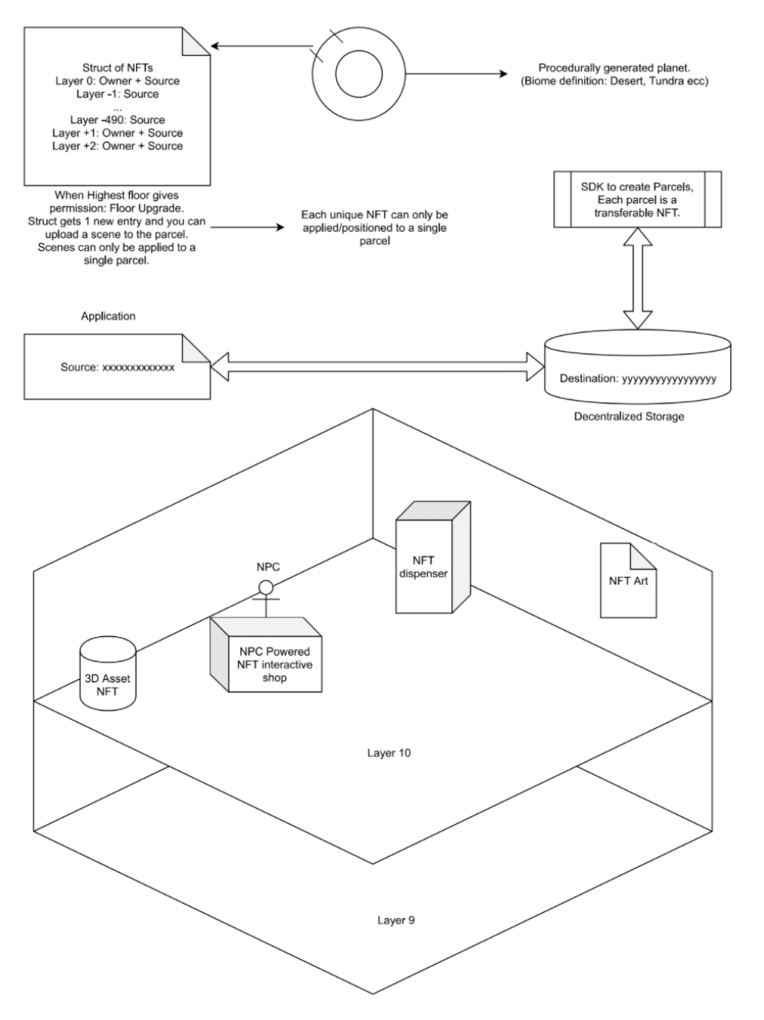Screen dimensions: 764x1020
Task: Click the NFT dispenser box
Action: [x=433, y=557]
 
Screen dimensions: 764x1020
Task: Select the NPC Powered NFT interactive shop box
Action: [x=266, y=655]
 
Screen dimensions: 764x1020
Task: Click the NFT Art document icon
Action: [x=628, y=580]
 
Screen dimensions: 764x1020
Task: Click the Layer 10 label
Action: [x=389, y=753]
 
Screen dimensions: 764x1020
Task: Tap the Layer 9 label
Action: [x=396, y=920]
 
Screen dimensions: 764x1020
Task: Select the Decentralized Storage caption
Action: [x=629, y=416]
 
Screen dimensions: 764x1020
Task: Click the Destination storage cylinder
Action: [x=638, y=366]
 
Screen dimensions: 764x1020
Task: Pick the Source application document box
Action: [x=117, y=366]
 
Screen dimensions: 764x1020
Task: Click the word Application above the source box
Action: [x=108, y=316]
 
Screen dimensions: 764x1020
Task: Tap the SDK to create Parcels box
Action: [x=638, y=199]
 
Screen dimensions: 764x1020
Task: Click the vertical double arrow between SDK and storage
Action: [x=638, y=278]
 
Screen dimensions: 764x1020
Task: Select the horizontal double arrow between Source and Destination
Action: [x=377, y=366]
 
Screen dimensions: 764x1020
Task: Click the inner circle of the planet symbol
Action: [x=359, y=74]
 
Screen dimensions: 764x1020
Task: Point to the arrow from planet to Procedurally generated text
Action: [x=456, y=74]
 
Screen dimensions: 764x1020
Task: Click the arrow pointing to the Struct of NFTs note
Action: [x=261, y=46]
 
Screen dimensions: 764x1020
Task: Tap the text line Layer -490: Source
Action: [x=118, y=120]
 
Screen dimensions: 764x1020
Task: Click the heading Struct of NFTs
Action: [x=118, y=68]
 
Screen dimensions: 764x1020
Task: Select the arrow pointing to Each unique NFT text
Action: [x=247, y=227]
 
